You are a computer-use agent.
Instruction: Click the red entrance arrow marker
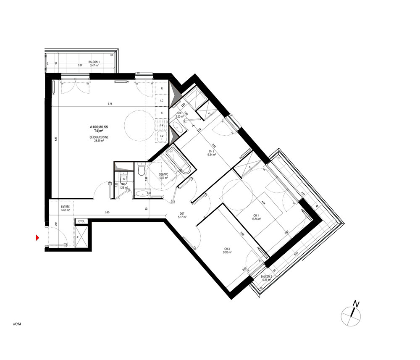click(37, 238)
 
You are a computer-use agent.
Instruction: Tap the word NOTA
click(17, 324)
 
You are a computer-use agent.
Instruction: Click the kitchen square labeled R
click(162, 89)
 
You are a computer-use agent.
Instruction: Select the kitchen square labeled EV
click(161, 136)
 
